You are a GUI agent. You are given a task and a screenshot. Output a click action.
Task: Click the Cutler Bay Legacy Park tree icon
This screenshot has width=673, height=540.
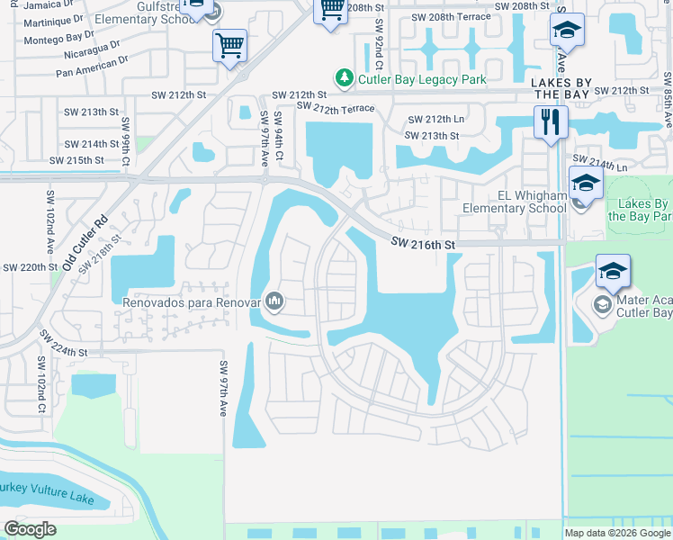(x=343, y=79)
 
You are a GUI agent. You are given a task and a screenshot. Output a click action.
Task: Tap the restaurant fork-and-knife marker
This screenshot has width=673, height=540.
(x=551, y=121)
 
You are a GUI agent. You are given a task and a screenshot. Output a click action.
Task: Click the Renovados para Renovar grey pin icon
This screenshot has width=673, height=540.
(x=275, y=301)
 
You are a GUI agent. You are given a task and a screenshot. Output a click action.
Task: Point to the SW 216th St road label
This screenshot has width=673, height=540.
(x=425, y=243)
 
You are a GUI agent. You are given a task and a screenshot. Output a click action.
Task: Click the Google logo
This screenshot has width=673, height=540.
(x=30, y=529)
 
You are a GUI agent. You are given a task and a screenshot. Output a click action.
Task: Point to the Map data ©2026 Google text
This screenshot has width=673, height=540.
(x=616, y=533)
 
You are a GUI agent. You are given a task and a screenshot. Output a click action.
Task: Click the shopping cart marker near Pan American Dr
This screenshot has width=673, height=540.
(x=230, y=45)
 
